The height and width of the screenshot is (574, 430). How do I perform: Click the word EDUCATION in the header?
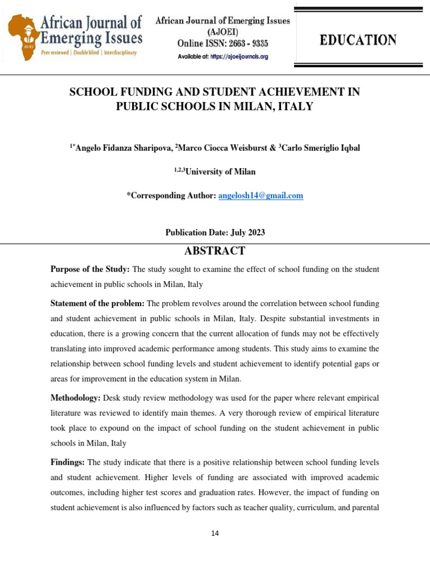coord(358,40)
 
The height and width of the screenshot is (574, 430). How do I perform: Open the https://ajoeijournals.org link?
coord(239,57)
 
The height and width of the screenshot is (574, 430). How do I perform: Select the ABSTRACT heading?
coord(214,251)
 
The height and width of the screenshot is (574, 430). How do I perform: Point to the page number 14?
coord(215,533)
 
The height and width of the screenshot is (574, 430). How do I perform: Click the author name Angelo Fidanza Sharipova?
coord(122,148)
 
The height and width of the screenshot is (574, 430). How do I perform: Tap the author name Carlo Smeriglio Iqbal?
coord(321,148)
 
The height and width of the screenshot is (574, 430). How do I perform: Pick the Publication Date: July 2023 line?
coord(215,233)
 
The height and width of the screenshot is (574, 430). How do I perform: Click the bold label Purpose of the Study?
coord(90,270)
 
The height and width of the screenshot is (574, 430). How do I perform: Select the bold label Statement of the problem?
coord(97,303)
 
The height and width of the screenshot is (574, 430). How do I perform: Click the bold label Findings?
coord(68,462)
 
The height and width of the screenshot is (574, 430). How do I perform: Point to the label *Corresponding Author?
coord(171,196)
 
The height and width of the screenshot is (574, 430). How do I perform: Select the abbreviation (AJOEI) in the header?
coord(222,32)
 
